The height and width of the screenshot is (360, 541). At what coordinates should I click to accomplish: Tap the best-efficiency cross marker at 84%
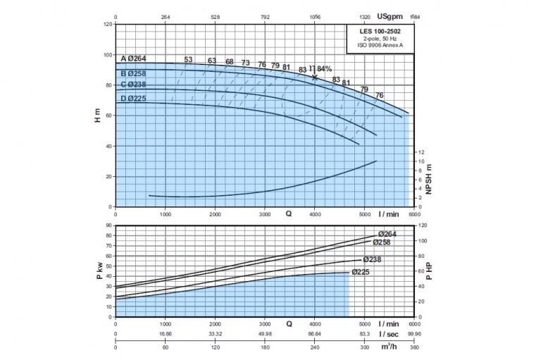coord(314,77)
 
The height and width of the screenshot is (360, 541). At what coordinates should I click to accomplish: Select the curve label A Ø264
coord(134,58)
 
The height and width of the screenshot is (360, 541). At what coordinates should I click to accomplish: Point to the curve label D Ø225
coord(133,98)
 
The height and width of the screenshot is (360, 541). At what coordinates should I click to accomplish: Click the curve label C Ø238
coord(134,85)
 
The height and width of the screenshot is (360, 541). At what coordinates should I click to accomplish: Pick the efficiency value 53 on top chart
coord(188,59)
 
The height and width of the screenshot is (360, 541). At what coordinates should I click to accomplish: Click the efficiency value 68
coord(229,62)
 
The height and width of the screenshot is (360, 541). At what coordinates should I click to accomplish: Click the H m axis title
coord(98,116)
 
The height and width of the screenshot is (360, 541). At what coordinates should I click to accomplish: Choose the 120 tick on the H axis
coord(108,25)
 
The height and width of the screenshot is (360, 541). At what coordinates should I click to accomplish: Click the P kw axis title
coord(98,271)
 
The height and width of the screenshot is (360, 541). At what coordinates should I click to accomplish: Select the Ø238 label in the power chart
coord(373,259)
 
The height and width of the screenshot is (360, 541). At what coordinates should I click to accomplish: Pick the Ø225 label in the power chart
coord(361,272)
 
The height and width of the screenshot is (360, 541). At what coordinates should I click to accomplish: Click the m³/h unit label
coord(387,347)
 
